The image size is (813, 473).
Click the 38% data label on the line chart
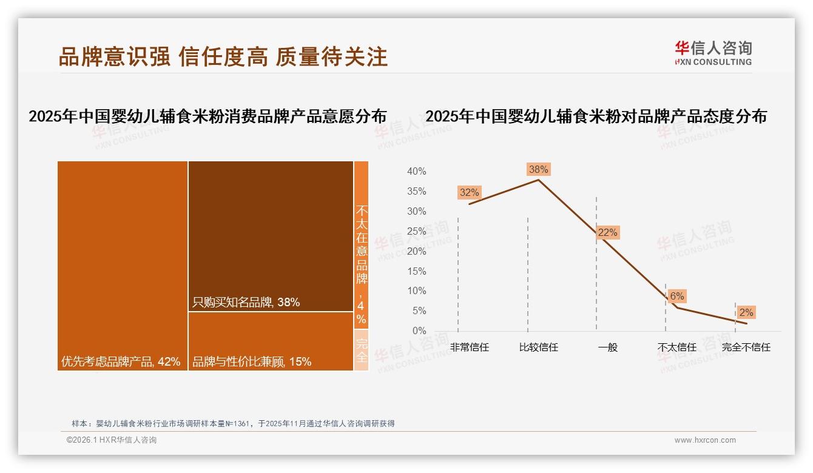tap(539, 170)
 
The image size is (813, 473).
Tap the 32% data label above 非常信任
tap(470, 193)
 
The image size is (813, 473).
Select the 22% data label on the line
tap(607, 232)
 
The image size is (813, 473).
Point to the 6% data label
tap(677, 296)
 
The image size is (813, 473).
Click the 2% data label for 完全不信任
tap(746, 312)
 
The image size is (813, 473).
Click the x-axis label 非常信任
tap(470, 347)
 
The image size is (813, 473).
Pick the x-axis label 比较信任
tap(539, 347)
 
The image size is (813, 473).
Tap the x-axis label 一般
tap(607, 347)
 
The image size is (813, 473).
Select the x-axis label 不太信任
tap(677, 347)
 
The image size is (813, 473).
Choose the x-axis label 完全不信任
tap(746, 347)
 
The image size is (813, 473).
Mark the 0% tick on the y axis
tap(419, 330)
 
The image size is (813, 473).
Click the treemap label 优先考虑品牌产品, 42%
tap(121, 362)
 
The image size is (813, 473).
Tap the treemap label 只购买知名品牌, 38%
tap(246, 302)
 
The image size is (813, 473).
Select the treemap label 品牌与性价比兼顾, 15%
tap(252, 362)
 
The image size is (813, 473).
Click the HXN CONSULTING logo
tap(713, 53)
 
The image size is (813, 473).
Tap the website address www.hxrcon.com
tap(705, 440)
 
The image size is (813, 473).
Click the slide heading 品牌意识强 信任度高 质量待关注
tap(223, 57)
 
